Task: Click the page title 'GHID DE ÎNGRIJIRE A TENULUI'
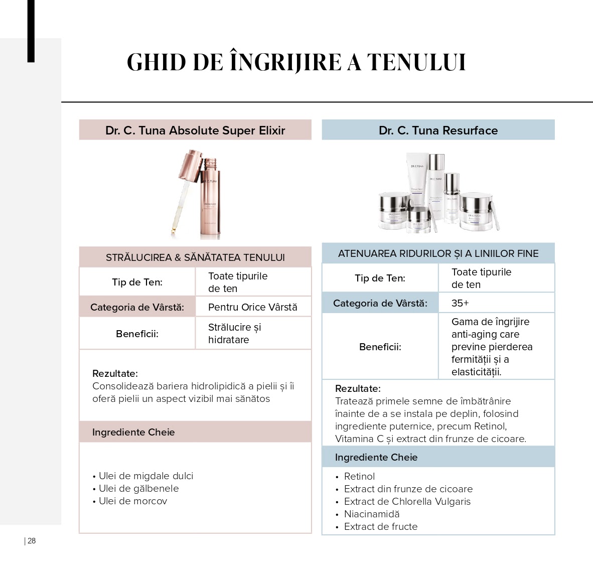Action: coord(296,62)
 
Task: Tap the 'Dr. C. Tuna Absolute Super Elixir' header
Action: coord(195,130)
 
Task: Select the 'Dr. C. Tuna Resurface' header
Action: coord(438,130)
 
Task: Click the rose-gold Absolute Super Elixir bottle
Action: coord(212,201)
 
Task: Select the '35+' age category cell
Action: coord(460,303)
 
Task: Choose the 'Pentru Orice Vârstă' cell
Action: coord(252,307)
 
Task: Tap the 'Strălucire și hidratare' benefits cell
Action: coord(234,333)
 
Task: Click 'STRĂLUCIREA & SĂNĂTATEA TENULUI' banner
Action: coord(195,257)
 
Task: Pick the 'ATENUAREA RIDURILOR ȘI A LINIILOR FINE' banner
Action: coord(438,253)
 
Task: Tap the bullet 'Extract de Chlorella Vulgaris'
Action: coord(407,501)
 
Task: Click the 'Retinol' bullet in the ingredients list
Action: coord(359,476)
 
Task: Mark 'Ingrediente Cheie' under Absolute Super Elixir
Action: coord(133,432)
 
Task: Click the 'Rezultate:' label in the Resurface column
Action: coord(358,388)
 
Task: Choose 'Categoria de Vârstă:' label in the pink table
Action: coord(137,307)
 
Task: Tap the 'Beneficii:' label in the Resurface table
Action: coord(380,347)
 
